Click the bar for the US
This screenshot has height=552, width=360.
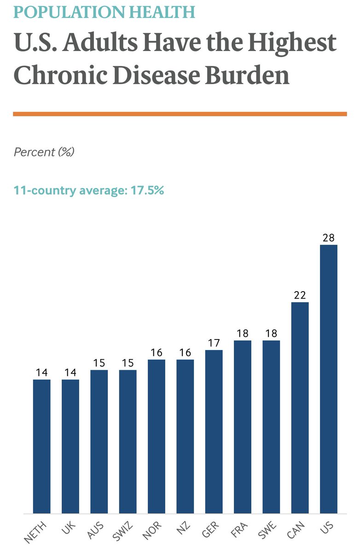[x=329, y=379]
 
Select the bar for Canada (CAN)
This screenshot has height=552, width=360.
[x=300, y=408]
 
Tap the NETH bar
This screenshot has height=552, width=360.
[x=42, y=446]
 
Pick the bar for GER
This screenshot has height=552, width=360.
[x=214, y=431]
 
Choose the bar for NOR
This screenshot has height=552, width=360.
[x=157, y=436]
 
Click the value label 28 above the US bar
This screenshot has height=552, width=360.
[x=329, y=238]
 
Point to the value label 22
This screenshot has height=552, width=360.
[x=300, y=295]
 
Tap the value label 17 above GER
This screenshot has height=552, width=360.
[x=214, y=343]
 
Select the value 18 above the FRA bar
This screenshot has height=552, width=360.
[x=243, y=333]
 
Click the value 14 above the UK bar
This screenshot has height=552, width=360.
[x=70, y=372]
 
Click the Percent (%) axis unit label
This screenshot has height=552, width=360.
[x=44, y=152]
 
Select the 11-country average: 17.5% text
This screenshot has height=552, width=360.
[x=89, y=190]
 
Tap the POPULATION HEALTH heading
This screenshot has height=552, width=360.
[x=105, y=12]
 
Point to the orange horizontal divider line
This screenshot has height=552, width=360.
[x=180, y=114]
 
